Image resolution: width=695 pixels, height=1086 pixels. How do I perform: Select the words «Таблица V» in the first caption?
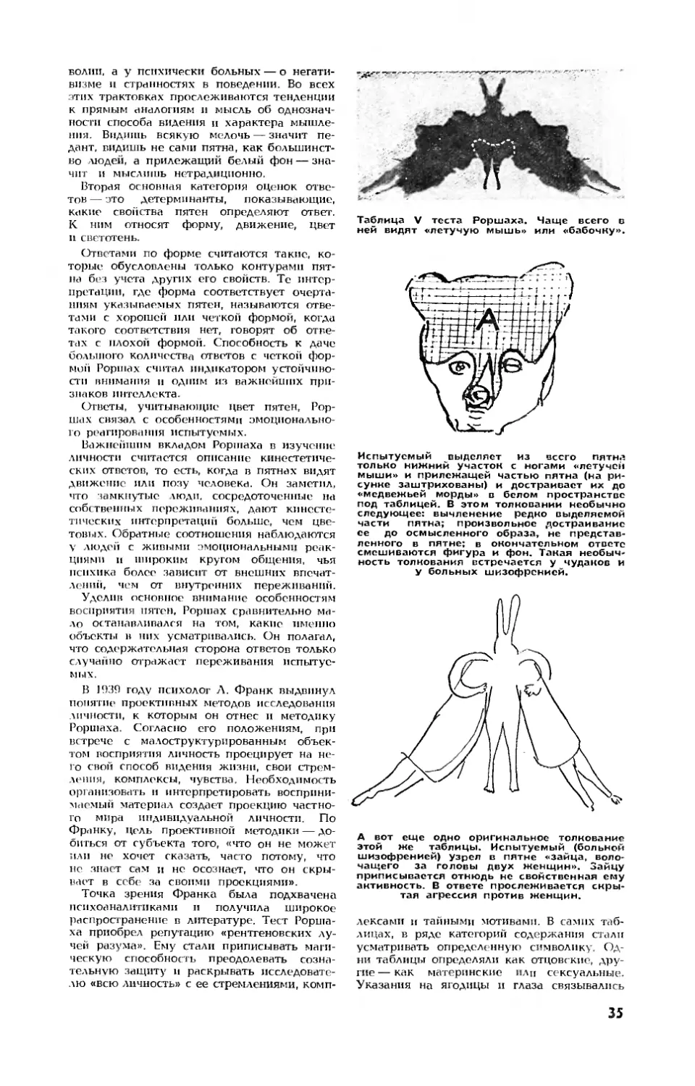coord(387,219)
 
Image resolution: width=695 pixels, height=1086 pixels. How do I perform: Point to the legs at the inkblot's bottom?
coord(491,177)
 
